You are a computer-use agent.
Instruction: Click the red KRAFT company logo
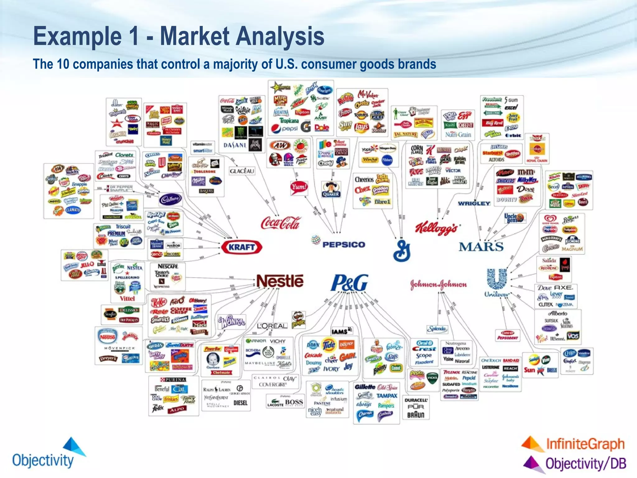[242, 247]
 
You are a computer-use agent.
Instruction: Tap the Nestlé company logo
[280, 281]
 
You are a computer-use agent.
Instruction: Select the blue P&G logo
[350, 283]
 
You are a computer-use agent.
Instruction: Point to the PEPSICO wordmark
[344, 245]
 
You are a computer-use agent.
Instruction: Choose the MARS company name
[481, 247]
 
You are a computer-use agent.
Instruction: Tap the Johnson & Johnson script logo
[438, 284]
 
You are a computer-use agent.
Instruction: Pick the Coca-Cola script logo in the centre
[281, 223]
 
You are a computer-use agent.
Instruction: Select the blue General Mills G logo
[402, 251]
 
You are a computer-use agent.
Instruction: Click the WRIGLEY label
[474, 204]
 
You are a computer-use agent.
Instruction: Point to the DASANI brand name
[235, 145]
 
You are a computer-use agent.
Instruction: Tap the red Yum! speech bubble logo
[299, 187]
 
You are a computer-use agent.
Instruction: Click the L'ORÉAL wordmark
[272, 326]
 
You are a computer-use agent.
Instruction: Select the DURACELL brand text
[416, 400]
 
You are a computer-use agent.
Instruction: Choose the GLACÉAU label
[242, 171]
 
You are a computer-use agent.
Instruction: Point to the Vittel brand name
[128, 298]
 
